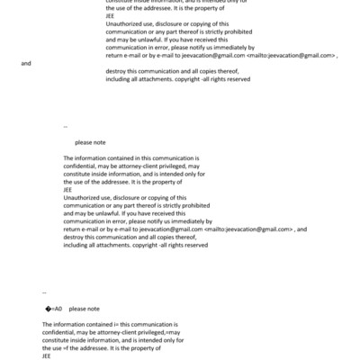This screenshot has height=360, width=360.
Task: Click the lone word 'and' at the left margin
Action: point(25,64)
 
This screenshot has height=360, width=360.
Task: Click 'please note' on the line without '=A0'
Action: point(90,142)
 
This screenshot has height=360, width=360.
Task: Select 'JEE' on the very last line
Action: point(47,355)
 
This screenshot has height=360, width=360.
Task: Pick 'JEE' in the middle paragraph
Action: point(67,189)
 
